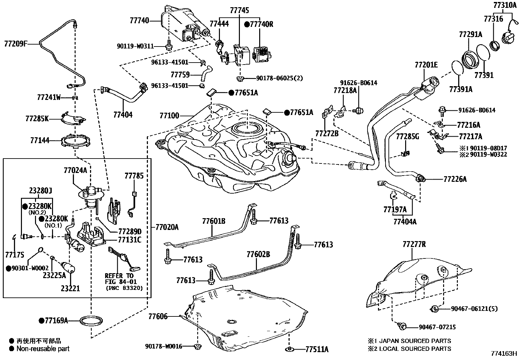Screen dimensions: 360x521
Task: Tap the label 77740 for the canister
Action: click(x=139, y=21)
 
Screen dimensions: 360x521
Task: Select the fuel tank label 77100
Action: click(x=169, y=115)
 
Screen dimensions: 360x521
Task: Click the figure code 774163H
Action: click(x=503, y=354)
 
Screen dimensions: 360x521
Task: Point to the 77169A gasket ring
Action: click(x=90, y=320)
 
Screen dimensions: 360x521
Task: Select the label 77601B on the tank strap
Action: click(x=213, y=221)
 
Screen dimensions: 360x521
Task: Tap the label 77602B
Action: click(x=258, y=254)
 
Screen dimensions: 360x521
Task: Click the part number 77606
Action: click(x=158, y=316)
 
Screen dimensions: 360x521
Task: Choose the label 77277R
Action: click(x=414, y=244)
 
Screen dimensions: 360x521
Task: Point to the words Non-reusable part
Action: click(x=43, y=349)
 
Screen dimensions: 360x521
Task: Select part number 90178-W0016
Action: click(x=164, y=346)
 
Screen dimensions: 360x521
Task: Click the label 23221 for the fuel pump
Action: click(x=70, y=288)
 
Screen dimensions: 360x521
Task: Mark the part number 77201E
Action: click(x=426, y=65)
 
